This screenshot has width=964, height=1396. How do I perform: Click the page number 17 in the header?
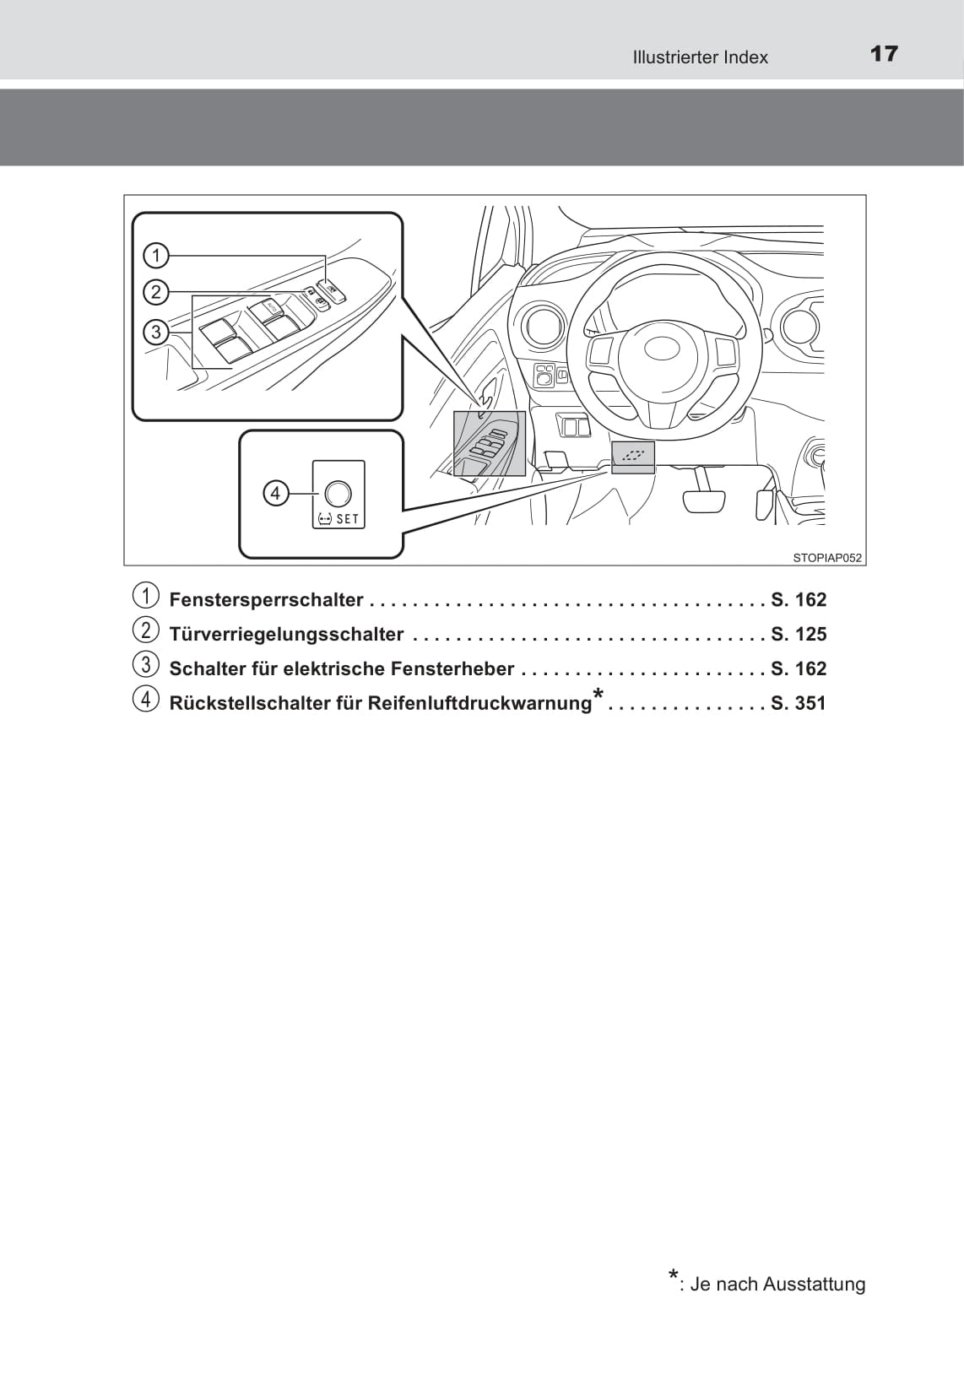[884, 54]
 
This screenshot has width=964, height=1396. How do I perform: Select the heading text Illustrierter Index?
[700, 57]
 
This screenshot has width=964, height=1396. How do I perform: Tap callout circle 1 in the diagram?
[156, 255]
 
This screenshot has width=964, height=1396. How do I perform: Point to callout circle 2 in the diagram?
[156, 292]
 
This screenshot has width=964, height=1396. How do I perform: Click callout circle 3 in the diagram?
[156, 332]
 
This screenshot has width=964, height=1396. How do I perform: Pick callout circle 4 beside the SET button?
[275, 492]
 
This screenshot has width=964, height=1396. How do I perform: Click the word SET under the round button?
[347, 519]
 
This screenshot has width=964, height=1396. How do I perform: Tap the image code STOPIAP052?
[827, 557]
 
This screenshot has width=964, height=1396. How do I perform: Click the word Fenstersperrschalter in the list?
[266, 600]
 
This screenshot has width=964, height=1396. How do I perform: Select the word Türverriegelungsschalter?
[286, 635]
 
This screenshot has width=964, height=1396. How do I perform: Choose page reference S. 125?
[799, 635]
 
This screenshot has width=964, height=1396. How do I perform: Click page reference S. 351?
[799, 703]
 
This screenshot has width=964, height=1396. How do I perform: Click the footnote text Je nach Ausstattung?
[777, 1284]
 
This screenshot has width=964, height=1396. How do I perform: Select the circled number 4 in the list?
[145, 700]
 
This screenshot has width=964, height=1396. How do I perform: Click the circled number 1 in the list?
[145, 596]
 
